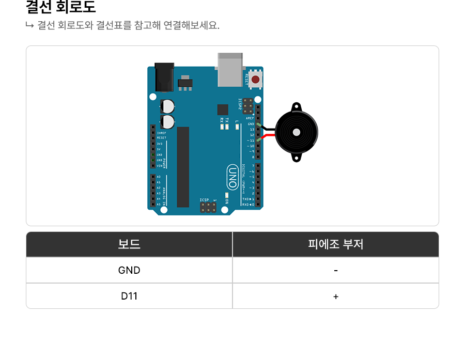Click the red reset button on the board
255,80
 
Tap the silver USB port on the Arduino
230,70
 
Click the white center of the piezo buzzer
296,132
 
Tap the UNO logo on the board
233,177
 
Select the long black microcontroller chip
183,167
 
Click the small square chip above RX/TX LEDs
223,109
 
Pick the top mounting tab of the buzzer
296,107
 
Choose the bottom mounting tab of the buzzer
296,156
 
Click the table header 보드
129,244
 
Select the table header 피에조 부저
336,244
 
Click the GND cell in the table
129,270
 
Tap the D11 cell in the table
129,296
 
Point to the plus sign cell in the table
336,296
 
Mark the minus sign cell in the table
336,270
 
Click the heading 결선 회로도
61,8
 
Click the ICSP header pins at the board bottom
209,207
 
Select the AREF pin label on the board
250,118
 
